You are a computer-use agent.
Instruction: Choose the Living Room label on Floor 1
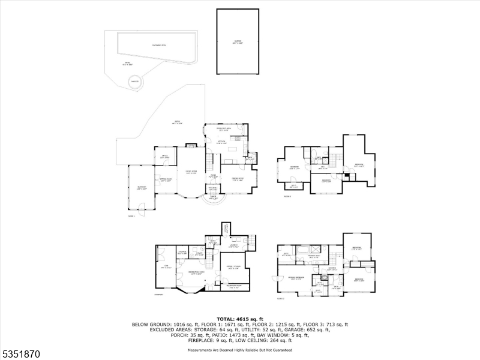(191, 172)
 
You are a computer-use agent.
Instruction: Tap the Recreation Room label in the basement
(191, 273)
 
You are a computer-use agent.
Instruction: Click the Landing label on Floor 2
(332, 269)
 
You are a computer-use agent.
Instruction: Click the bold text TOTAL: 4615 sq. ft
(239, 319)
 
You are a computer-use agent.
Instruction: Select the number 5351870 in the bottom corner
(20, 354)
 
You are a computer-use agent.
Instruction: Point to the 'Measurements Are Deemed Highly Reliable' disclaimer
(239, 349)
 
